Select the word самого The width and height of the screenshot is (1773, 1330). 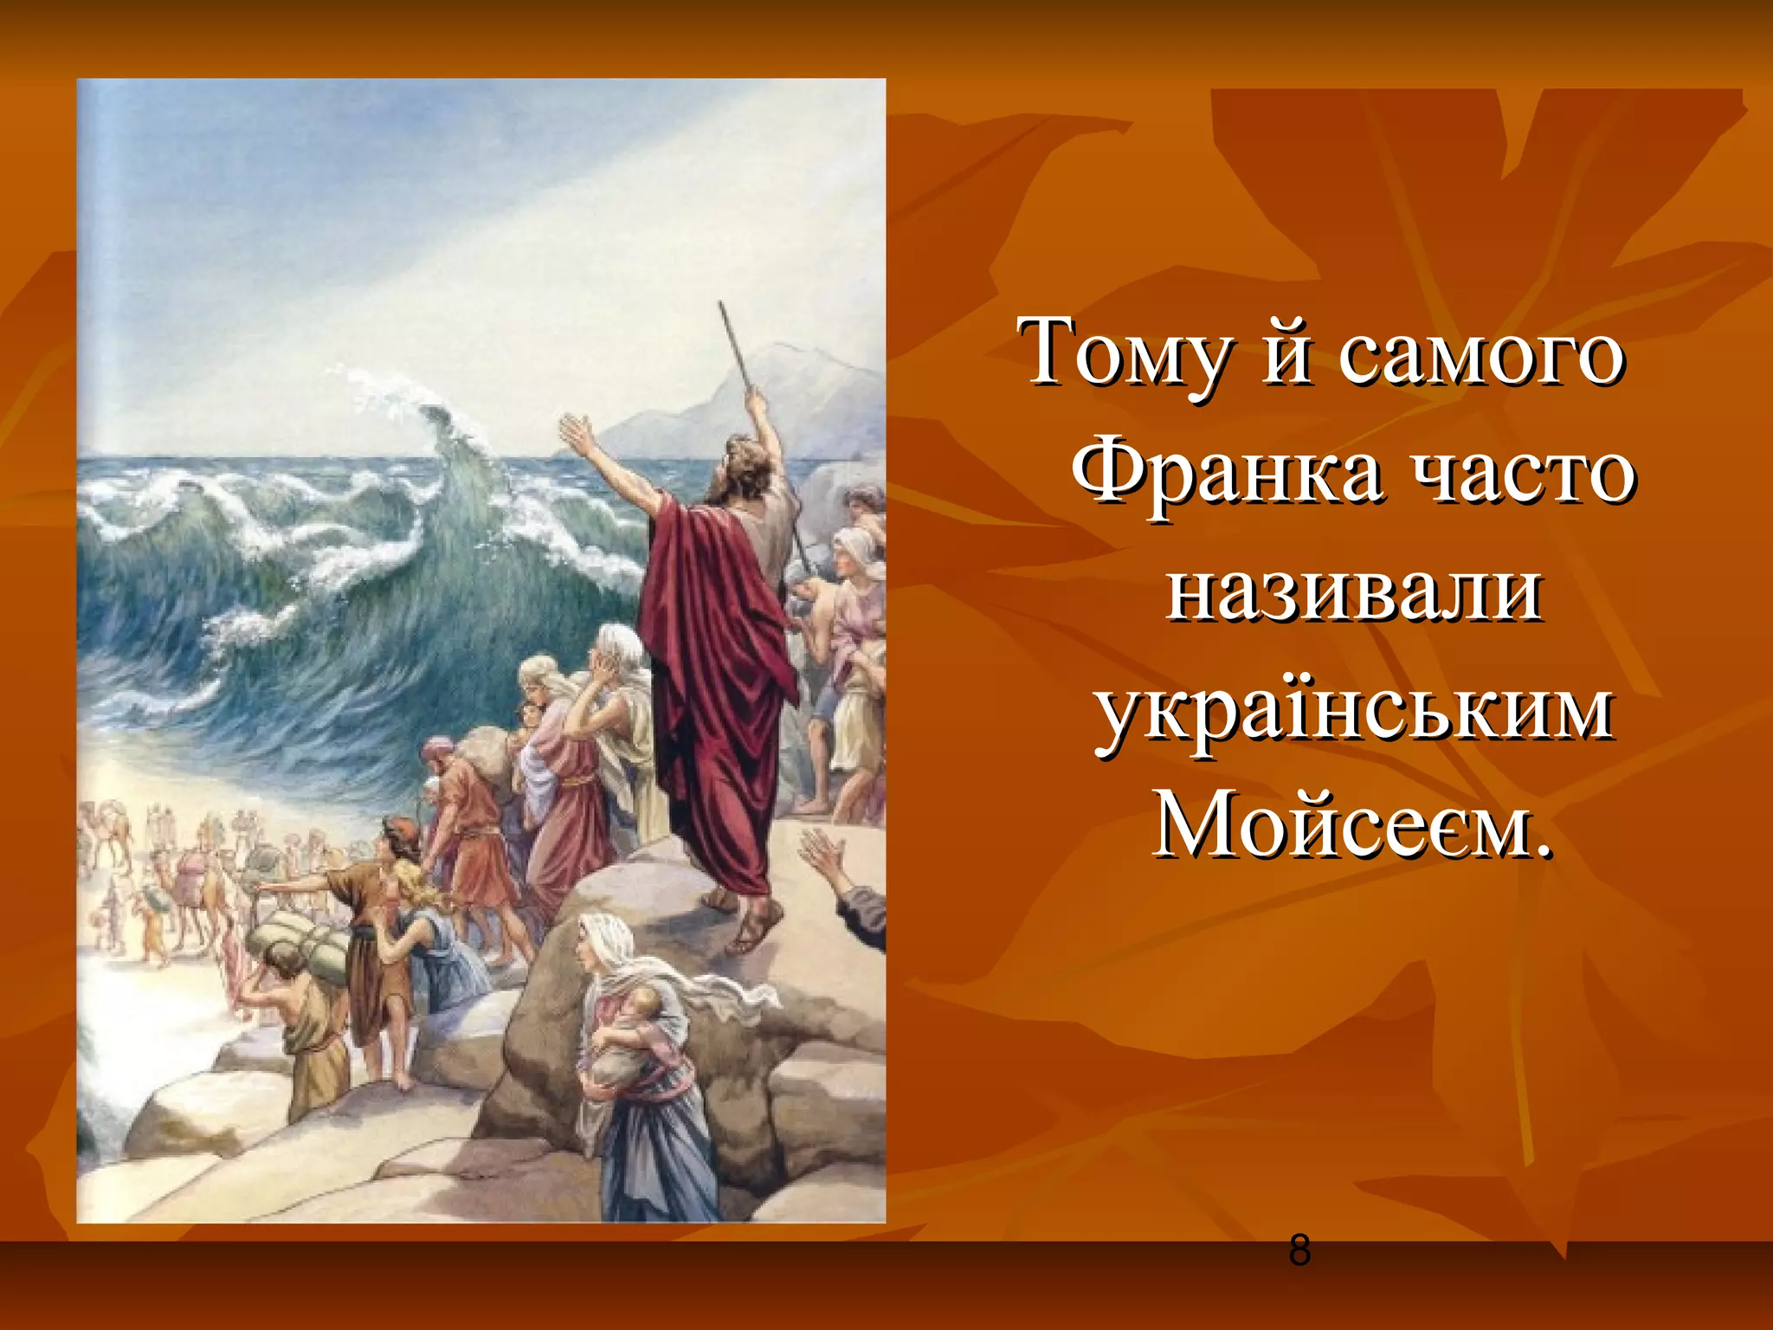(1480, 357)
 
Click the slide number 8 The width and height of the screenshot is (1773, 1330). (1299, 1250)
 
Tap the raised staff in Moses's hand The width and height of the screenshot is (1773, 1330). (736, 346)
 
